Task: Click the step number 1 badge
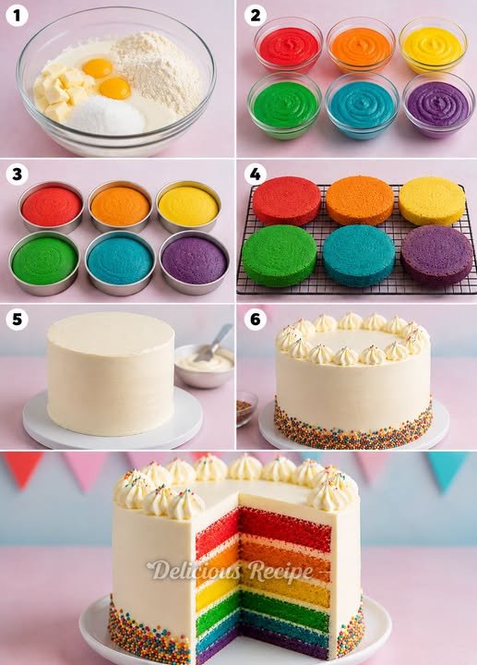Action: [17, 16]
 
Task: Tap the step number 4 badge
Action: [255, 174]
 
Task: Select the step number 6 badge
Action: [256, 319]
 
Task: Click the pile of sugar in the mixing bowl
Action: [106, 115]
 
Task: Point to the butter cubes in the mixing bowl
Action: [63, 92]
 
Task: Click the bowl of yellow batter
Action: [433, 45]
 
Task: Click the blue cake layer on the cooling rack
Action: [359, 256]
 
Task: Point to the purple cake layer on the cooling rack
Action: [437, 255]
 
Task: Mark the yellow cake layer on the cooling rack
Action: [432, 201]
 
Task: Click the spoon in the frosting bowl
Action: [215, 343]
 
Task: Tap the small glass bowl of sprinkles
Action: [246, 408]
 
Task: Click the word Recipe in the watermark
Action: [280, 571]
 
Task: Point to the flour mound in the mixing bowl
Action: [158, 70]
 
